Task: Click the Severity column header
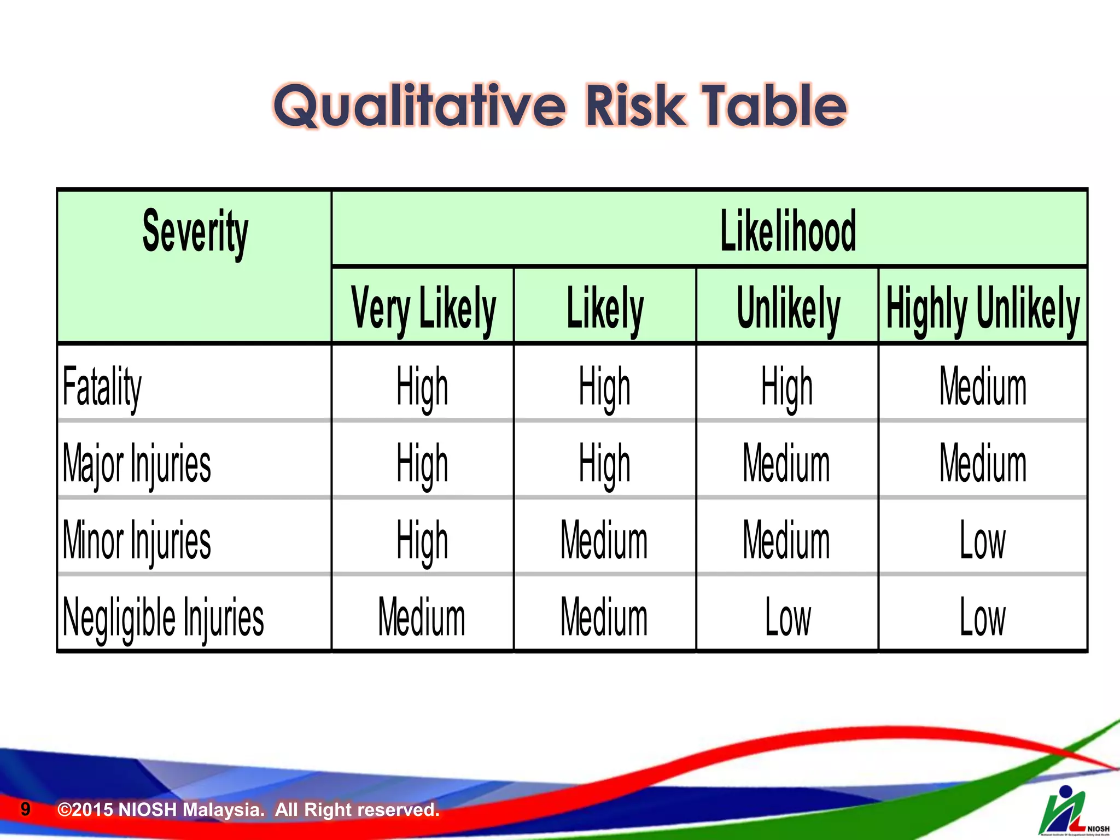click(x=195, y=232)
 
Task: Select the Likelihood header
click(x=787, y=232)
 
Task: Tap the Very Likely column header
click(x=423, y=308)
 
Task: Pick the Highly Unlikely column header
click(x=983, y=308)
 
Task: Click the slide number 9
click(x=25, y=809)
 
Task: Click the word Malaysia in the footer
click(x=223, y=809)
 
